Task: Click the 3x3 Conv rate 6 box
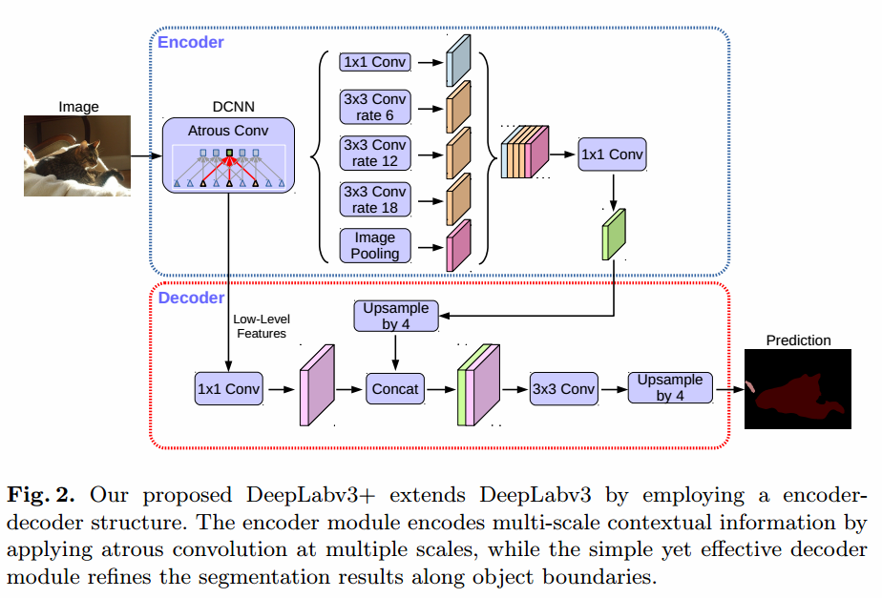(374, 107)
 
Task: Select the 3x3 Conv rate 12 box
(374, 153)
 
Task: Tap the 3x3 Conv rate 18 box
(374, 198)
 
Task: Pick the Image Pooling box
(374, 245)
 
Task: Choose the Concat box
(394, 388)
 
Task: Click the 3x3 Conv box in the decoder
(563, 388)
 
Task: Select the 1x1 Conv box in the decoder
(228, 388)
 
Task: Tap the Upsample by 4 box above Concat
(396, 316)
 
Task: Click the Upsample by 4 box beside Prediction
(671, 387)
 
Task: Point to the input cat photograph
(76, 156)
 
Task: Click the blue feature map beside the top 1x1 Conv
(459, 61)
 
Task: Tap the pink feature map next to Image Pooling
(459, 245)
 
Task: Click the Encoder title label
(191, 42)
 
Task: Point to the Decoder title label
(191, 298)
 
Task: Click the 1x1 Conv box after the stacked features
(612, 155)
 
